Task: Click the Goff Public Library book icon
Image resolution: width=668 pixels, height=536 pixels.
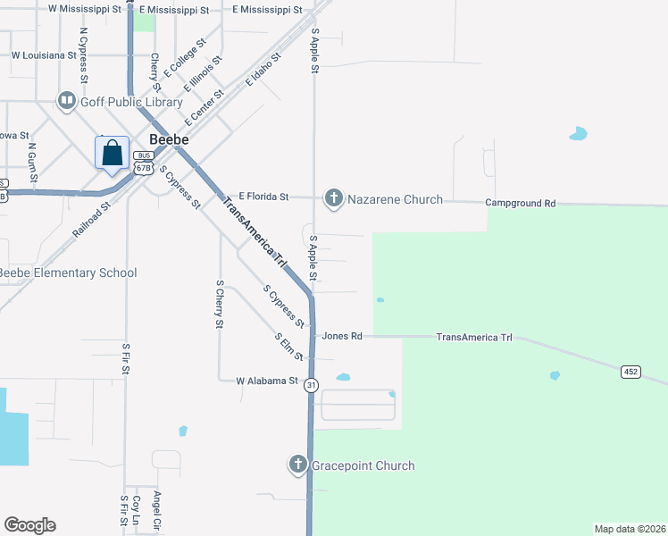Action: coord(67,102)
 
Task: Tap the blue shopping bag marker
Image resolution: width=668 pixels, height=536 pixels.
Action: coord(113,154)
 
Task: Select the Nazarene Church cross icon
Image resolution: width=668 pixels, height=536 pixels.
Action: coord(334,198)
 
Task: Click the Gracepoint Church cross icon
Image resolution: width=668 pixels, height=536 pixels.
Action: coord(298,465)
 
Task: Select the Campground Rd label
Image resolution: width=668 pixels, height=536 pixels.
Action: coord(521,204)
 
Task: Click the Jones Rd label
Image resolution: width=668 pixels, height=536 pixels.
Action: coord(342,337)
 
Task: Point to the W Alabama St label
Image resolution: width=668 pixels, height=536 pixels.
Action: coord(266,381)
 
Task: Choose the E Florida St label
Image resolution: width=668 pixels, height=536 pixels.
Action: coord(263,197)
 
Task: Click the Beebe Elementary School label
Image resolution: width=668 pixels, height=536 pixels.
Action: coord(67,272)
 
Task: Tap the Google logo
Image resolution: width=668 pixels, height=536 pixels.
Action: coord(29,525)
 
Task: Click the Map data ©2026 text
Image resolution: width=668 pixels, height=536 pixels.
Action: coord(629,528)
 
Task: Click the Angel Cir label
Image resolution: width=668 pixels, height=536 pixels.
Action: coord(157,507)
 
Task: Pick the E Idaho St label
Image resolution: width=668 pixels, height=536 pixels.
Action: coord(264,69)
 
